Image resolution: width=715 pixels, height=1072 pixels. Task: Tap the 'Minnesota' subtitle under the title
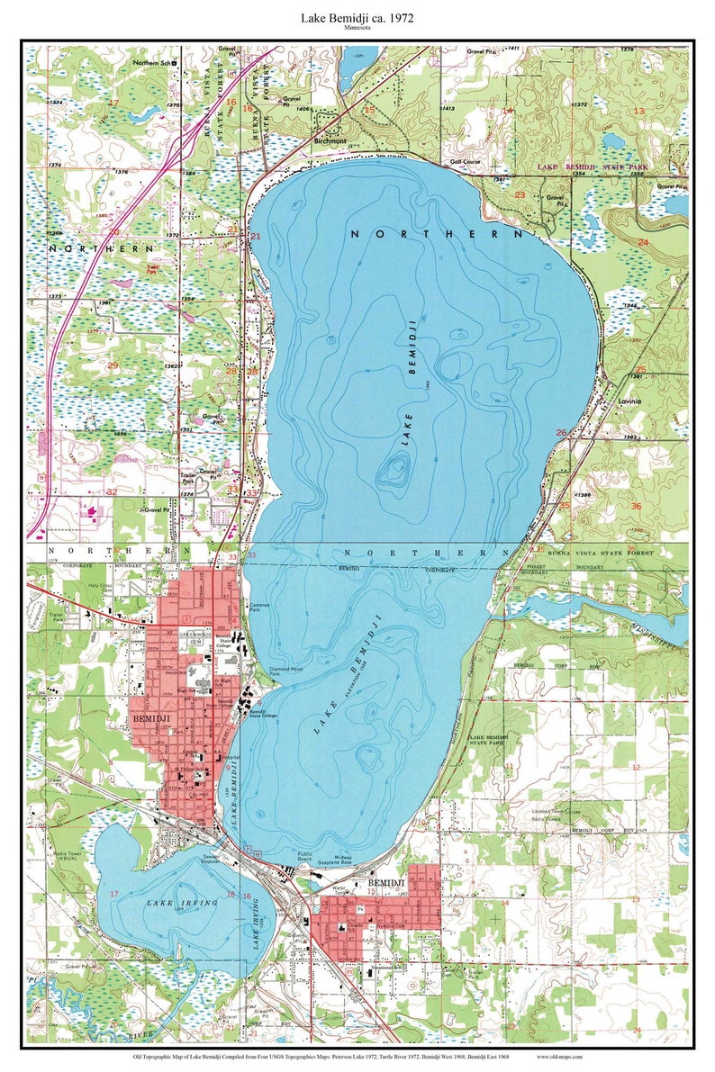click(357, 29)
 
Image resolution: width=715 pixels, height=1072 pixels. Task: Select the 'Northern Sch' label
click(154, 63)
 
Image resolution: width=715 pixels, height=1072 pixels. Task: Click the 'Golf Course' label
click(466, 162)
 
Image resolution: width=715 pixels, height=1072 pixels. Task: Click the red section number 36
click(636, 506)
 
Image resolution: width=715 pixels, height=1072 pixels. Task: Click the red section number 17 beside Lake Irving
click(114, 893)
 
